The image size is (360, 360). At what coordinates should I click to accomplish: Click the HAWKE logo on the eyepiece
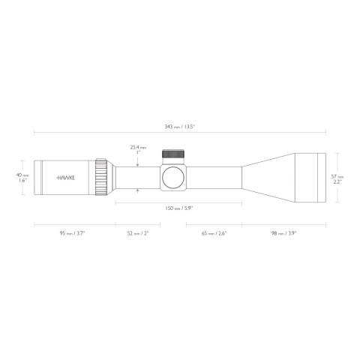click(68, 178)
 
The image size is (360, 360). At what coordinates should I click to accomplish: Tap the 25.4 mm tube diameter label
click(138, 147)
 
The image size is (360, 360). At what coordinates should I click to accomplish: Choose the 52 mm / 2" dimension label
click(139, 233)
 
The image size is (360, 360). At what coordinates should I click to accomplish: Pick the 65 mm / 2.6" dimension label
click(214, 233)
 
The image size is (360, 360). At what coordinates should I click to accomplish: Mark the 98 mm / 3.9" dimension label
click(285, 233)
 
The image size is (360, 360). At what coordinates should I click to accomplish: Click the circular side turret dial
click(173, 178)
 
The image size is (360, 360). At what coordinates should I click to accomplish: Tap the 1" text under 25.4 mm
click(138, 154)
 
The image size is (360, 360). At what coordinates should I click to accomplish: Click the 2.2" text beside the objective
click(338, 181)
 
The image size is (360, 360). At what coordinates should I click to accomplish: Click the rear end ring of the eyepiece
click(37, 178)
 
